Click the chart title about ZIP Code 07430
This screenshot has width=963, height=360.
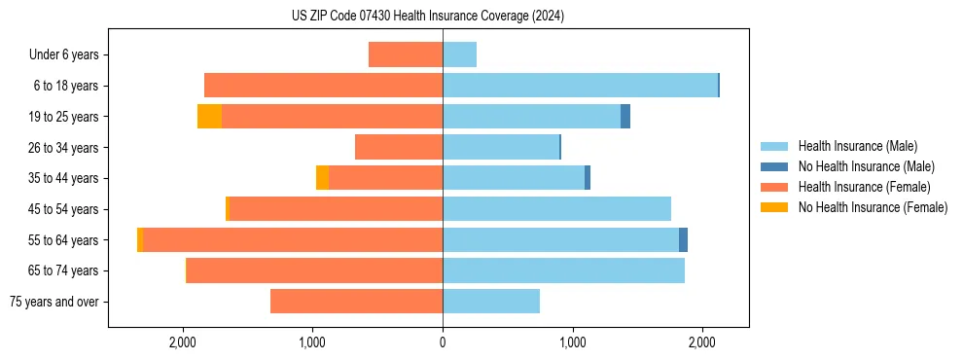[x=428, y=17]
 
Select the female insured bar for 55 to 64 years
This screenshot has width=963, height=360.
[x=292, y=239]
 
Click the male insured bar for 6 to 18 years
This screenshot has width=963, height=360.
[x=580, y=86]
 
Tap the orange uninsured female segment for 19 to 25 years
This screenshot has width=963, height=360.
[x=209, y=117]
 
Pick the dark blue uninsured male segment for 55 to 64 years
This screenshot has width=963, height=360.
[x=683, y=239]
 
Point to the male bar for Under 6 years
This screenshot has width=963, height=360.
[x=459, y=54]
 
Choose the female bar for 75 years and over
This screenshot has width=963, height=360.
[x=356, y=302]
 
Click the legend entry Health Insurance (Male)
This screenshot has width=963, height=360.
[x=857, y=146]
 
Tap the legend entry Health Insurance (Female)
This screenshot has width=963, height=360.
[x=864, y=187]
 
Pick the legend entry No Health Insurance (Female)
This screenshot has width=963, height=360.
[x=873, y=207]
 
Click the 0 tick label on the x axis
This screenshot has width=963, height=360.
[x=443, y=342]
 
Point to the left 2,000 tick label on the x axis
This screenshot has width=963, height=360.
[x=183, y=342]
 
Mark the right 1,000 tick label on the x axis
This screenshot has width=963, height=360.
[x=572, y=342]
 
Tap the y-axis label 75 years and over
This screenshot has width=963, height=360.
[x=53, y=302]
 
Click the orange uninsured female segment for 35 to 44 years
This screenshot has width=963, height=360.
[x=322, y=178]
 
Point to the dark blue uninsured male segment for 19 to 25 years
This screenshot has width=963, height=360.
[x=625, y=117]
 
